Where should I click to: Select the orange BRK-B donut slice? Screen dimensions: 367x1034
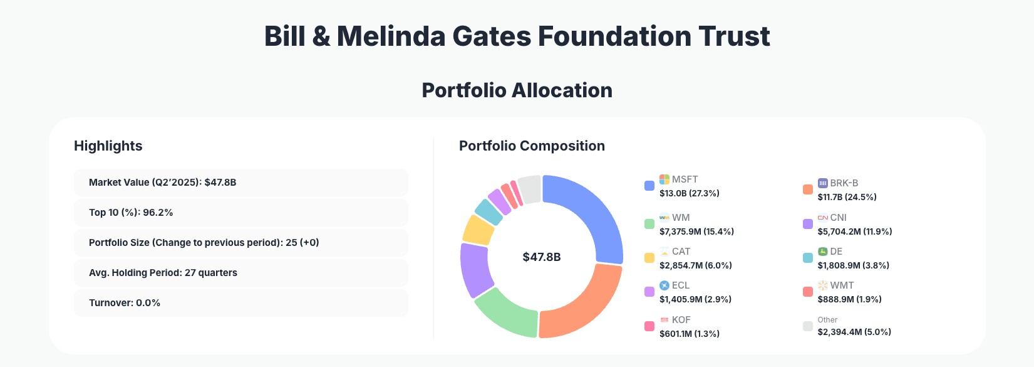click(x=586, y=304)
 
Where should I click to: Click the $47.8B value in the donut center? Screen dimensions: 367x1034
click(x=542, y=257)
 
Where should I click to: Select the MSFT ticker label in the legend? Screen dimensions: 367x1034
click(x=685, y=179)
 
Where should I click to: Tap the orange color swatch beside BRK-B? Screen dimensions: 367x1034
click(x=808, y=189)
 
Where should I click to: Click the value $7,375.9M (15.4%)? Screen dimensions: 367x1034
click(x=696, y=231)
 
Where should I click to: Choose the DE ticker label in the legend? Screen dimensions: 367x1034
click(x=836, y=252)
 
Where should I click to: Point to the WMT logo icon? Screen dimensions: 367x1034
click(x=823, y=285)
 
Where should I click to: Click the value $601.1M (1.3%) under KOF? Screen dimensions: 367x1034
click(x=689, y=334)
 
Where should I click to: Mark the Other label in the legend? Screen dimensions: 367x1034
click(x=827, y=320)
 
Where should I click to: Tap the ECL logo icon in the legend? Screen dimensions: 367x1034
click(x=664, y=285)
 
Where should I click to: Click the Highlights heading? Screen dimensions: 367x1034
click(x=108, y=146)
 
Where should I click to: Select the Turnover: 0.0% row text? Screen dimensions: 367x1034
click(x=125, y=303)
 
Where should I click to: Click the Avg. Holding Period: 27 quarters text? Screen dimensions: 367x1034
click(x=163, y=273)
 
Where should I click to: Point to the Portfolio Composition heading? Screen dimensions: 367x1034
click(x=532, y=146)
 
